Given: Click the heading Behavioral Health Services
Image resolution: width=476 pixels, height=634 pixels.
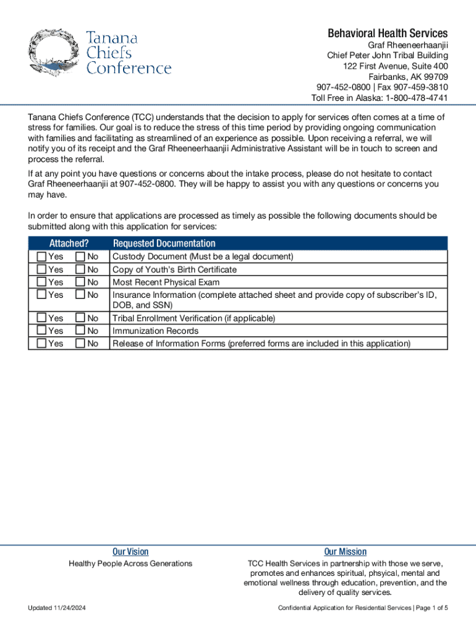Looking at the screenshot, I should coord(388,33).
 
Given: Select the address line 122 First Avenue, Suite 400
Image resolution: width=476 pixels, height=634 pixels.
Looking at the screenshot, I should coord(396,66).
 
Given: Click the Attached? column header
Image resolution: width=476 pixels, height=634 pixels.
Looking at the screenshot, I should coord(69,243).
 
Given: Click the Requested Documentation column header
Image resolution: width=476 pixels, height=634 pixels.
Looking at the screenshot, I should coord(164,243).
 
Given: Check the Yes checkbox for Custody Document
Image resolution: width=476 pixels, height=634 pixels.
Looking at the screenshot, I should coord(41,256).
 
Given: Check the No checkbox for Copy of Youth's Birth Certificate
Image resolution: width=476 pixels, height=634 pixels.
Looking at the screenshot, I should coord(80,269).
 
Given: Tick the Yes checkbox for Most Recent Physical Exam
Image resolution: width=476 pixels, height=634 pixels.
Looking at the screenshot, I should coord(41,282).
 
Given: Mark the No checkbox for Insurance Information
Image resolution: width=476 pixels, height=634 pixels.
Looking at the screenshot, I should coord(80,295).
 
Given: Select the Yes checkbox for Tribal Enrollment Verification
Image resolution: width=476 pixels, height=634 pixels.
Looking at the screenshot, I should coord(41,318).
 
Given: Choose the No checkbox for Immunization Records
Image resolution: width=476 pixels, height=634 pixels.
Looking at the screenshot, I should coord(80,331).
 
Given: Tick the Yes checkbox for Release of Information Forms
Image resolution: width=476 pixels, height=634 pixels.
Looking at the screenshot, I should coord(41,343).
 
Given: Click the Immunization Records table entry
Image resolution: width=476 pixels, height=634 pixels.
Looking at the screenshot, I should coord(155,331).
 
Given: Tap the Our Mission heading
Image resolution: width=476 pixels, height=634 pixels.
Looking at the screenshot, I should coord(345,552).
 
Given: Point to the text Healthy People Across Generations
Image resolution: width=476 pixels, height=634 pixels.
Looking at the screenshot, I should coord(130,563).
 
